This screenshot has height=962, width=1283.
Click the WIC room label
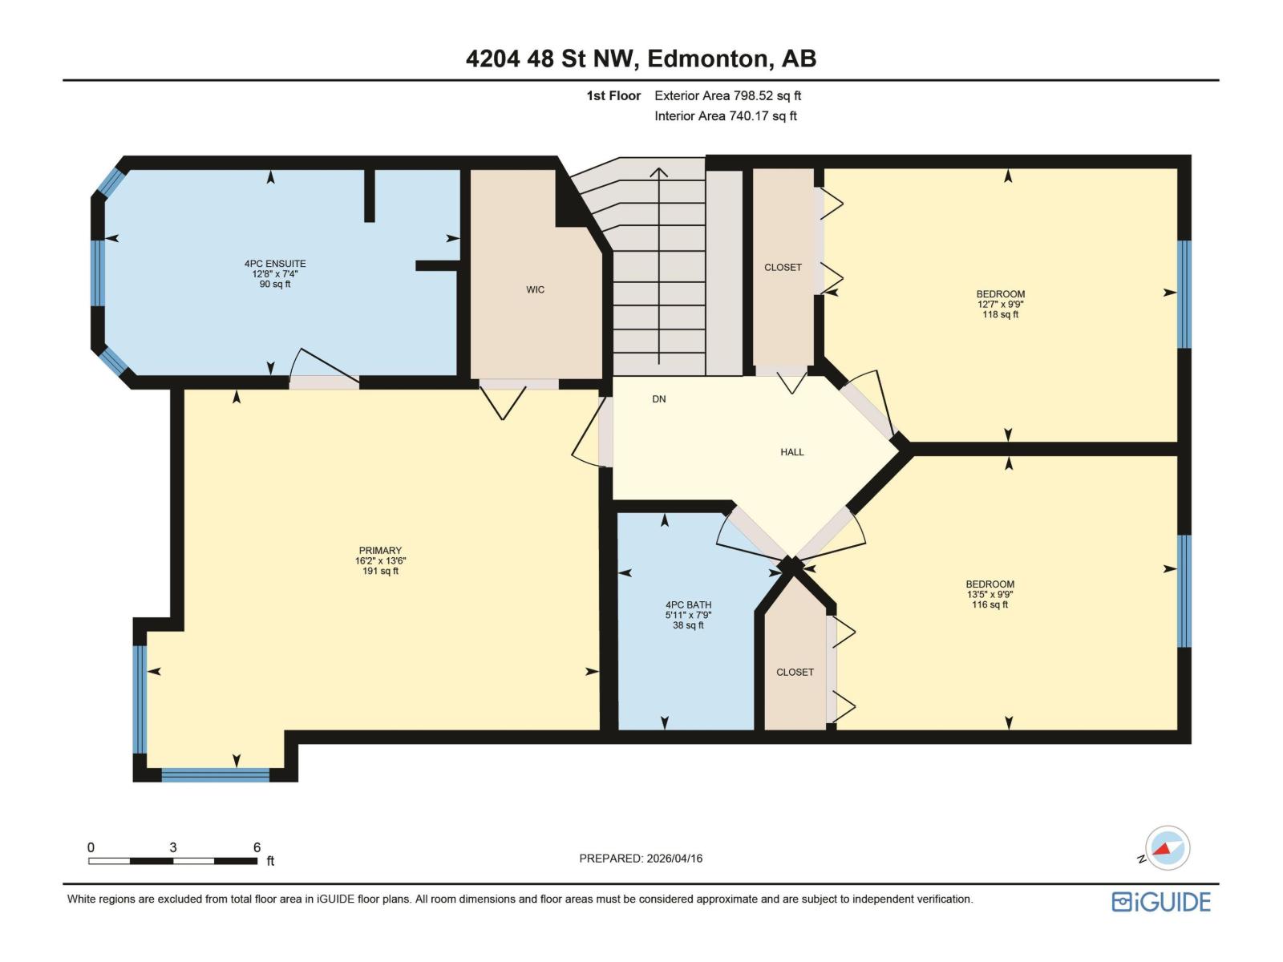pyautogui.click(x=535, y=289)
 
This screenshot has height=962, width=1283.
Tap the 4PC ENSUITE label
pyautogui.click(x=275, y=264)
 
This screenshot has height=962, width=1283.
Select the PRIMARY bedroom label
pyautogui.click(x=380, y=551)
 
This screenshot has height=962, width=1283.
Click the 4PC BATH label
pyautogui.click(x=688, y=605)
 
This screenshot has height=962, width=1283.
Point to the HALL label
pyautogui.click(x=791, y=452)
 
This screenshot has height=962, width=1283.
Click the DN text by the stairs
pyautogui.click(x=658, y=399)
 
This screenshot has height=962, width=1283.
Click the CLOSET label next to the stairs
pyautogui.click(x=783, y=268)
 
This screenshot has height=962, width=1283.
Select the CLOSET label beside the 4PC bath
pyautogui.click(x=795, y=673)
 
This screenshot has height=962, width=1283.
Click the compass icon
pyautogui.click(x=1168, y=847)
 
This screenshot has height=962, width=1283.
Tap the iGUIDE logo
pyautogui.click(x=1160, y=902)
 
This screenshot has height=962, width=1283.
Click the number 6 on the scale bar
pyautogui.click(x=257, y=847)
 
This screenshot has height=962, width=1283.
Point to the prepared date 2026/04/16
pyautogui.click(x=640, y=859)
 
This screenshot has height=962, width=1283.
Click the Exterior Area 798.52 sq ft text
pyautogui.click(x=727, y=95)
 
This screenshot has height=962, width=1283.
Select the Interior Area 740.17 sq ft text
pyautogui.click(x=725, y=115)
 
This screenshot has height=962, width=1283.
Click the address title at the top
pyautogui.click(x=641, y=59)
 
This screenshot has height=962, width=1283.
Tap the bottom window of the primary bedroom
pyautogui.click(x=215, y=774)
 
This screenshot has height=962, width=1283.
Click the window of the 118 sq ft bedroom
pyautogui.click(x=1184, y=293)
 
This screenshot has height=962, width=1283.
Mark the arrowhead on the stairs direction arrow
pyautogui.click(x=658, y=172)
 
